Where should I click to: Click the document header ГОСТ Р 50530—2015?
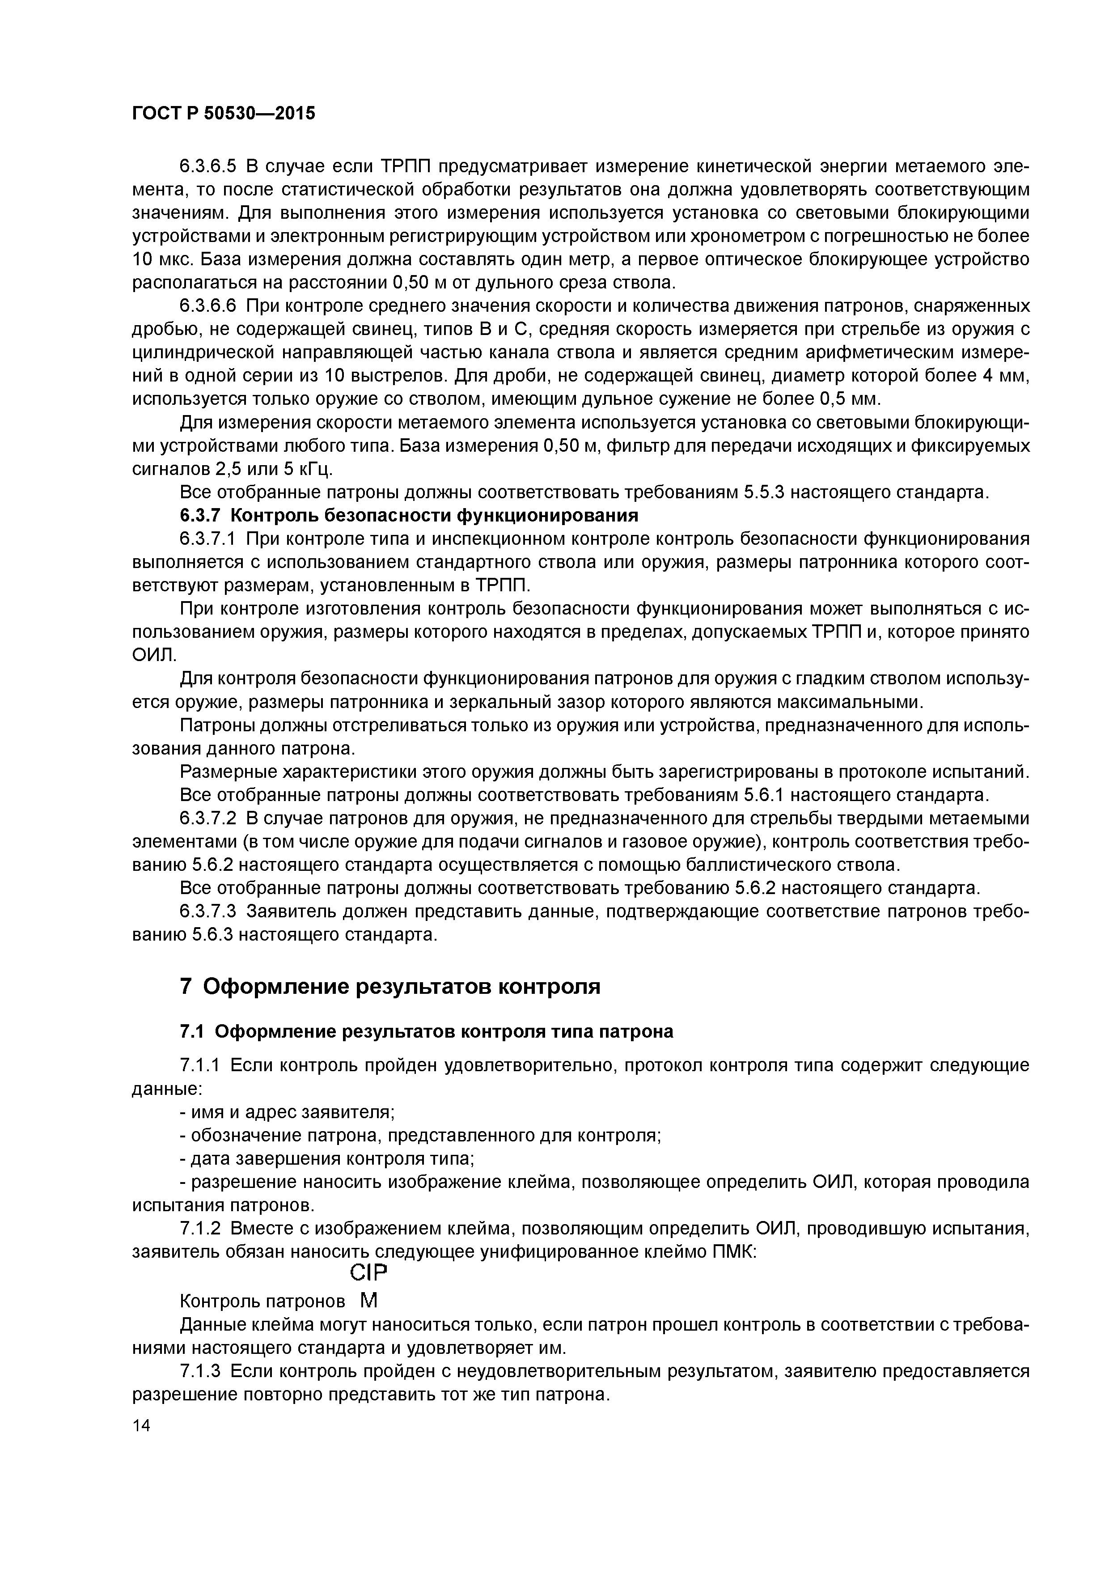[x=224, y=114]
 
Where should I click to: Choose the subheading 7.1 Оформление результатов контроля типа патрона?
[x=426, y=1031]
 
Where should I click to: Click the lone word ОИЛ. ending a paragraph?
[x=154, y=655]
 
